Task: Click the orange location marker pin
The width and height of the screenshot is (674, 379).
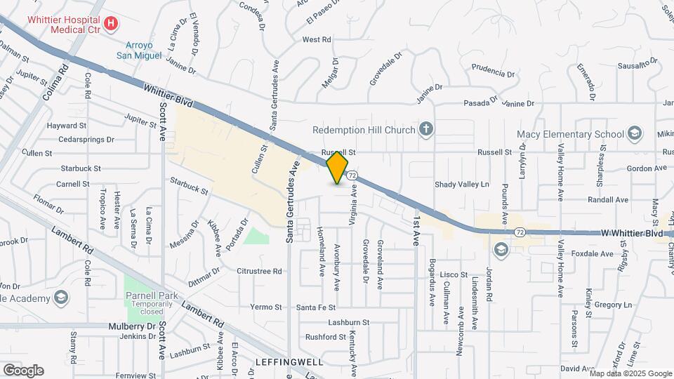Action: [338, 167]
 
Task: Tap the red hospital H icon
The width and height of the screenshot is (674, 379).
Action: [110, 24]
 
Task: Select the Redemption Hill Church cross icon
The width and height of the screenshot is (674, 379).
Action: [425, 129]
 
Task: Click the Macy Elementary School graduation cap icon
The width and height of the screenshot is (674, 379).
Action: [635, 134]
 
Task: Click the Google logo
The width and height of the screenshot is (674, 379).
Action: [23, 370]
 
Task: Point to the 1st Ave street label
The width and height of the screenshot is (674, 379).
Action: [416, 230]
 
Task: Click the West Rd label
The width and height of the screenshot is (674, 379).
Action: [317, 40]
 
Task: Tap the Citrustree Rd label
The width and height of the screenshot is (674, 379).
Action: [259, 271]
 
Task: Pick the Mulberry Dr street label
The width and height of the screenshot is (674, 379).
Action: [132, 326]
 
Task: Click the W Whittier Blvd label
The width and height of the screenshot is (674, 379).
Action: [632, 232]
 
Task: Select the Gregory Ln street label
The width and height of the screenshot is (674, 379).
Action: [613, 305]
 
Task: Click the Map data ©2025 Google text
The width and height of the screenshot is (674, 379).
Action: [630, 373]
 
